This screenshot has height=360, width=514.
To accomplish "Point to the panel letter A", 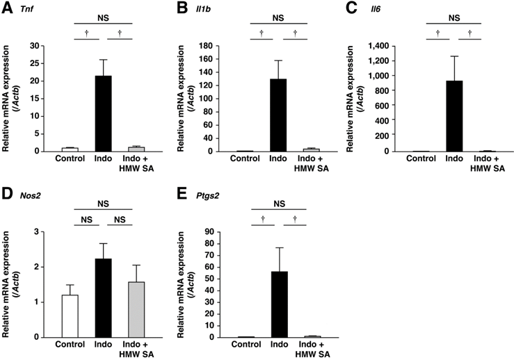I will (8, 9).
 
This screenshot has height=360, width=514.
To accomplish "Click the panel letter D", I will (8, 195).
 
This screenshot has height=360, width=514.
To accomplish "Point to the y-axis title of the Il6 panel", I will (368, 98).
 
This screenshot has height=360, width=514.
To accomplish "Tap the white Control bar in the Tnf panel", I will (70, 149).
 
